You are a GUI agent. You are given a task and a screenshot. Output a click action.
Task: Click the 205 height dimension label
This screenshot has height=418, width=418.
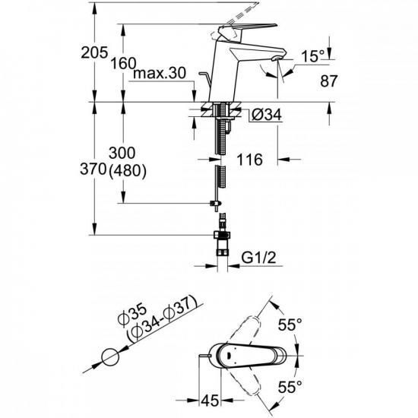[94, 52]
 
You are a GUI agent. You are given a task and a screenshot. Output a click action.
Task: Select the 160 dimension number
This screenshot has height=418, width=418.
[123, 63]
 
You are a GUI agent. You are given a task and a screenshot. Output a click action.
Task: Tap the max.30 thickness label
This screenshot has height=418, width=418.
[159, 73]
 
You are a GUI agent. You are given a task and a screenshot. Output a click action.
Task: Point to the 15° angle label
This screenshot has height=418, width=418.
[313, 56]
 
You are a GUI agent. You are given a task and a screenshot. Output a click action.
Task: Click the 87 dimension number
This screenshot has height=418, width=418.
[328, 81]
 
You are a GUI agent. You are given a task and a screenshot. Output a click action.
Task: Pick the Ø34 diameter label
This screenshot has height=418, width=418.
[266, 115]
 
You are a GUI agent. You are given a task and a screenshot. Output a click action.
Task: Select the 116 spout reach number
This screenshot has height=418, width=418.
[249, 160]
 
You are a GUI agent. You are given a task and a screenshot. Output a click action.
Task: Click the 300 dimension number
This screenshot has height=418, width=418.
[122, 153]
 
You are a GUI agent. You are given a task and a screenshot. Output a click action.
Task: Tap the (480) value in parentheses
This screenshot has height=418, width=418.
[128, 170]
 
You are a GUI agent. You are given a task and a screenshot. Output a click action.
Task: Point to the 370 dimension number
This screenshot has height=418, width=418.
[93, 169]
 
